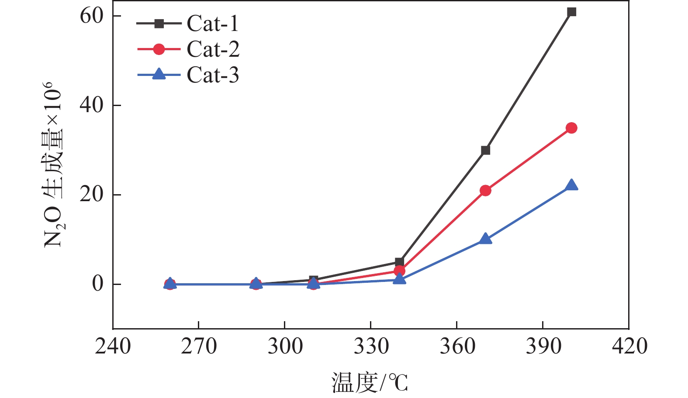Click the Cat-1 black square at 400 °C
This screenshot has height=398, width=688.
coord(571,12)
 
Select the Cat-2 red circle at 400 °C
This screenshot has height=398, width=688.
coord(571,128)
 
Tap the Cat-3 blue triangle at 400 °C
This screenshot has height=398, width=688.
coord(571,185)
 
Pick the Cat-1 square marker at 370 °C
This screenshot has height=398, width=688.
coord(485,151)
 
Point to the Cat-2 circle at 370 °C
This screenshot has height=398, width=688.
coord(485,191)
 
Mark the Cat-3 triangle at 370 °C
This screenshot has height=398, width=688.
coord(485,239)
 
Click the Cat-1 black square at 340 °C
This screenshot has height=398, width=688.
coord(399,262)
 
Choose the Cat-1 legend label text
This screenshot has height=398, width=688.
coord(213,24)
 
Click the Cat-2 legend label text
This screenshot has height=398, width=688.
coord(213,49)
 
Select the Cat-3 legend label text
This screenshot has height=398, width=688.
coord(213,75)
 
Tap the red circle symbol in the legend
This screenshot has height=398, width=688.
coord(159,49)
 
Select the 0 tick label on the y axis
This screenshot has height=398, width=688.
coord(98,284)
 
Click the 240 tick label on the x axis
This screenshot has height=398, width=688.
coord(113,347)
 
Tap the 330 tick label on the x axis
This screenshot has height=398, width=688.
coord(371,347)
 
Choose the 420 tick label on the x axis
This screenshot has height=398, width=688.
coord(629,347)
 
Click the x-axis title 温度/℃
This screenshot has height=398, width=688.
coord(370,383)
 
